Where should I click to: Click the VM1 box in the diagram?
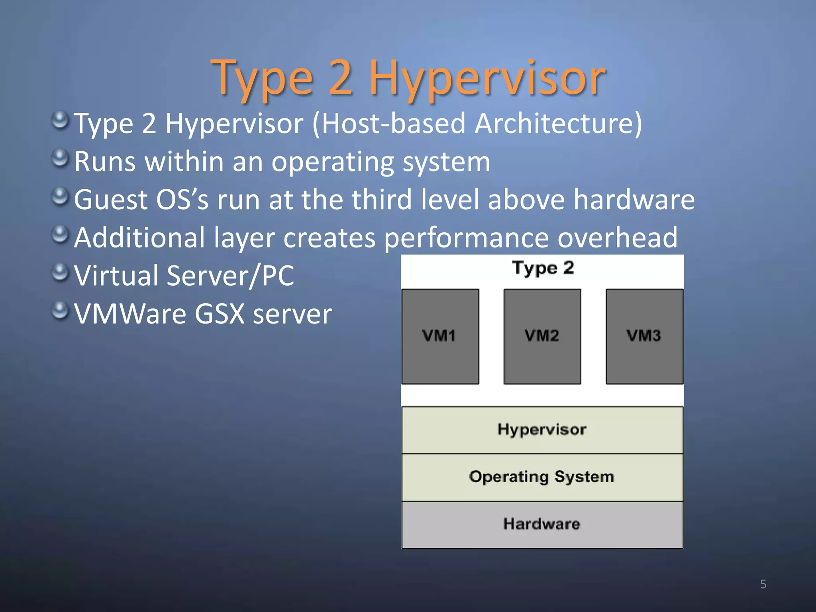(x=440, y=337)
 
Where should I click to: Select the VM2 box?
(x=542, y=337)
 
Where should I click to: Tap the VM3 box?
(x=644, y=337)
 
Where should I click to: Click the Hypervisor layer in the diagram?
(x=542, y=430)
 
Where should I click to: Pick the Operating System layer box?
(x=542, y=477)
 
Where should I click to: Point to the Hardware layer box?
(x=542, y=524)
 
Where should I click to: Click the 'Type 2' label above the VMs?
(x=543, y=268)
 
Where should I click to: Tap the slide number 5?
(x=763, y=584)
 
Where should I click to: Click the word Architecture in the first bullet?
(x=558, y=124)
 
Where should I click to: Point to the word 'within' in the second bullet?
(x=184, y=162)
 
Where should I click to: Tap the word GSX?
(x=219, y=314)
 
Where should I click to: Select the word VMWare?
(x=130, y=314)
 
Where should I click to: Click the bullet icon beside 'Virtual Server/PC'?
(x=60, y=273)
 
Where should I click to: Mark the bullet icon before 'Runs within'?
(x=60, y=159)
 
